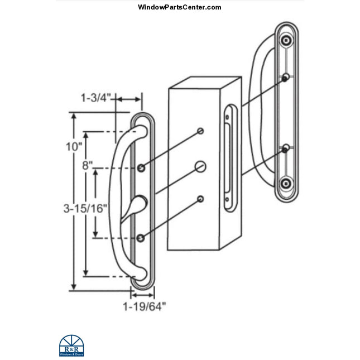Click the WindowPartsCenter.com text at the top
click(179, 7)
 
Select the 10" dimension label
click(73, 147)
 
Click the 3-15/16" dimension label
click(86, 208)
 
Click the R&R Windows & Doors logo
click(69, 345)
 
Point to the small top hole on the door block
click(201, 132)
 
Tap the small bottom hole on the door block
click(200, 198)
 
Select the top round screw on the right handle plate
click(286, 41)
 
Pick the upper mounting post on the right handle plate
click(286, 78)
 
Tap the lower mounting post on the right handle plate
click(286, 148)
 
